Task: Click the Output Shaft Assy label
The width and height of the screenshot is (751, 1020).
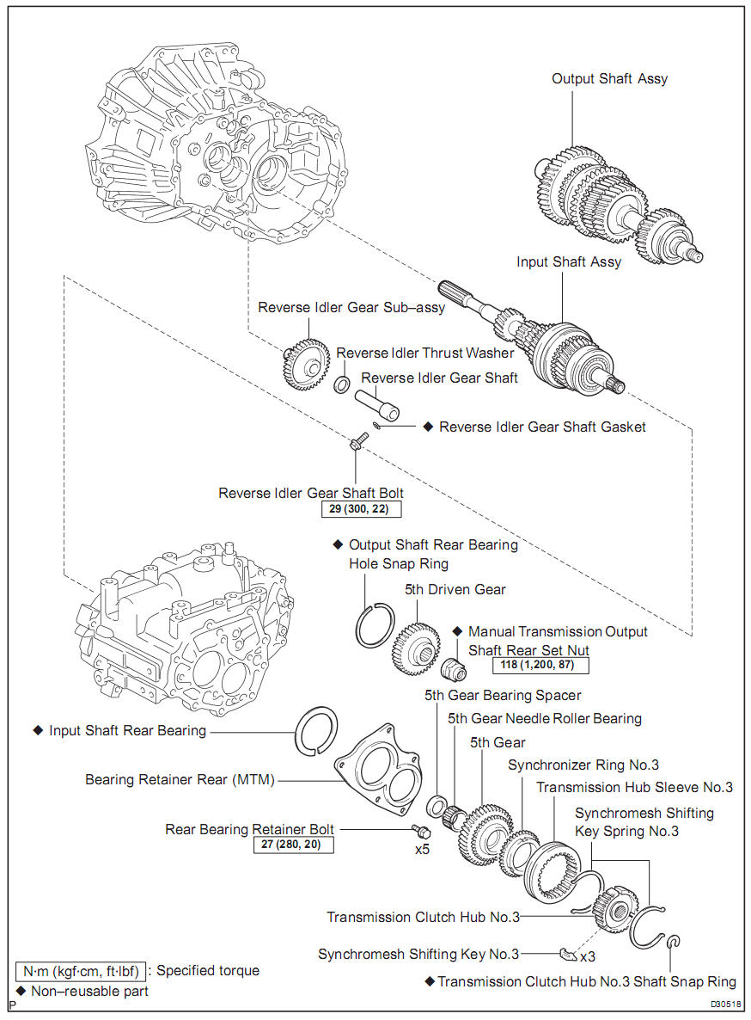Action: coord(609,78)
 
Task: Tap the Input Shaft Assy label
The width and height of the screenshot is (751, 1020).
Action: coord(568,261)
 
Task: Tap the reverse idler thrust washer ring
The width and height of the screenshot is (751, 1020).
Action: coord(341,384)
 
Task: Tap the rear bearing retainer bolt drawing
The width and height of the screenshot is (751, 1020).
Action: coord(421,831)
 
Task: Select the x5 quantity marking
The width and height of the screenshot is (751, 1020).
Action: coord(422,850)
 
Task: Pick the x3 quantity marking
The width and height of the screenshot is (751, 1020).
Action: coord(589,955)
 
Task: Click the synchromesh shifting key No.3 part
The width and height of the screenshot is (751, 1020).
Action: coord(565,953)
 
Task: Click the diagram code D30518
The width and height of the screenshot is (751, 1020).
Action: coord(726,1004)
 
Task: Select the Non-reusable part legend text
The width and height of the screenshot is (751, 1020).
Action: coord(89,991)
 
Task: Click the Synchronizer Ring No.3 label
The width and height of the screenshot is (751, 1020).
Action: coord(583,765)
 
